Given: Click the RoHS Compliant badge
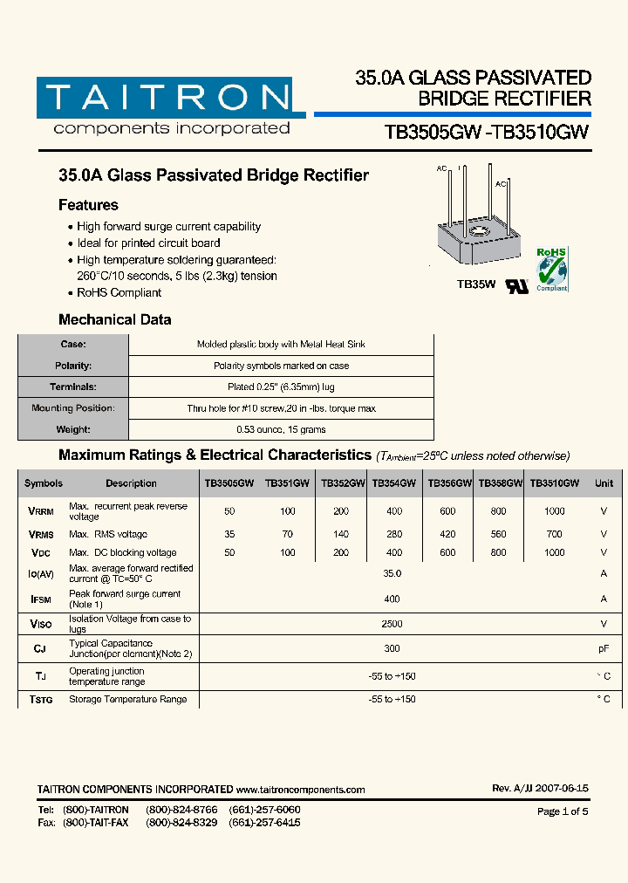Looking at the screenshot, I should pyautogui.click(x=551, y=270).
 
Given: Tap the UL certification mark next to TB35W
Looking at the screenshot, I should pyautogui.click(x=517, y=285).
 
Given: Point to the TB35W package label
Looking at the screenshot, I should pyautogui.click(x=476, y=284).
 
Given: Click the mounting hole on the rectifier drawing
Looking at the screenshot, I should pyautogui.click(x=478, y=232).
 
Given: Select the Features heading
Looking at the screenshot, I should pyautogui.click(x=88, y=205).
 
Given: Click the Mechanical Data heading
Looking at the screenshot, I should pyautogui.click(x=114, y=319).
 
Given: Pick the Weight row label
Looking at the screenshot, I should pyautogui.click(x=73, y=429).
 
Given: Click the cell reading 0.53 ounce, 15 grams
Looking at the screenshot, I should pyautogui.click(x=280, y=429).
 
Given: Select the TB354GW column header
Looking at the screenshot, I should pyautogui.click(x=393, y=483).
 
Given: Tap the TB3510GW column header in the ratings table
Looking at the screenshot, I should pyautogui.click(x=554, y=483).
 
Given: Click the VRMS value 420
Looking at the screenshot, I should pyautogui.click(x=447, y=534).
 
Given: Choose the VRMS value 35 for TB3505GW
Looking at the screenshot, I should pyautogui.click(x=229, y=534).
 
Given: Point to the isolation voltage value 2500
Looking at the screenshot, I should pyautogui.click(x=392, y=624).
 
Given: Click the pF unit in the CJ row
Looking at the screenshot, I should pyautogui.click(x=603, y=649).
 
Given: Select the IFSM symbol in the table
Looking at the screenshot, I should pyautogui.click(x=42, y=599).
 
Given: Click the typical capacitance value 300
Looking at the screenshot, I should pyautogui.click(x=392, y=649).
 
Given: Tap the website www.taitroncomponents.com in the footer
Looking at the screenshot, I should pyautogui.click(x=301, y=790).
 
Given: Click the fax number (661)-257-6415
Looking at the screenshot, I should pyautogui.click(x=264, y=823).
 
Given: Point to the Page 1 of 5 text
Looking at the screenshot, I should pyautogui.click(x=563, y=811).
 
